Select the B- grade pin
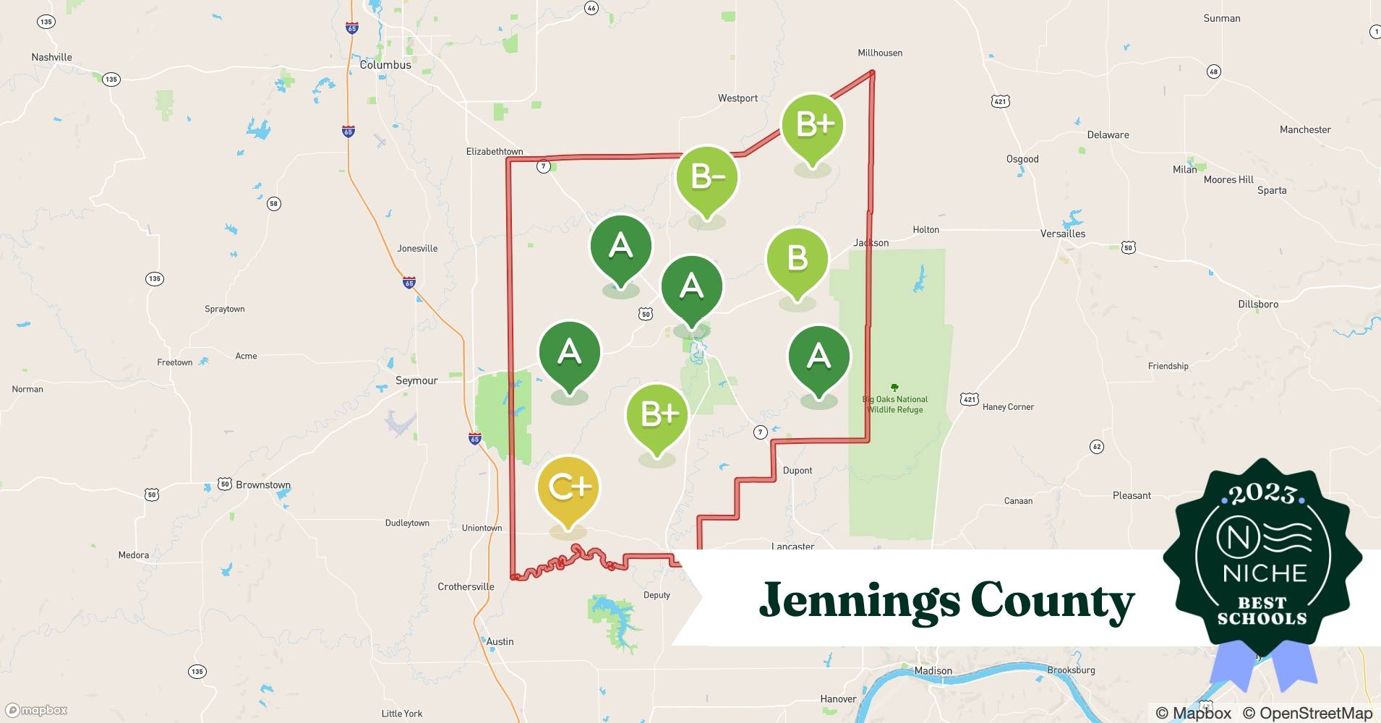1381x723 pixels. click(706, 178)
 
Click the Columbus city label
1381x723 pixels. click(385, 65)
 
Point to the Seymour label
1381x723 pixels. click(416, 380)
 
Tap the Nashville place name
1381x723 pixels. click(52, 57)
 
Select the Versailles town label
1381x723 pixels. click(1063, 234)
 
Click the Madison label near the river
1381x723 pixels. click(933, 671)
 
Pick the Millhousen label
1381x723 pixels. click(880, 53)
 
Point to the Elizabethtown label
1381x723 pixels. click(495, 152)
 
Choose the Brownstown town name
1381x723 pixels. click(263, 485)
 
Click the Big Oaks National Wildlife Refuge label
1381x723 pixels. click(895, 404)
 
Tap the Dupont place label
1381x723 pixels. click(798, 471)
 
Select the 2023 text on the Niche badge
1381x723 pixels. click(1262, 494)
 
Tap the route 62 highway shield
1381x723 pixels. click(1097, 447)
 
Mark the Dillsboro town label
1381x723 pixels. click(1258, 304)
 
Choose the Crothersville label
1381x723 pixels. click(466, 587)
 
